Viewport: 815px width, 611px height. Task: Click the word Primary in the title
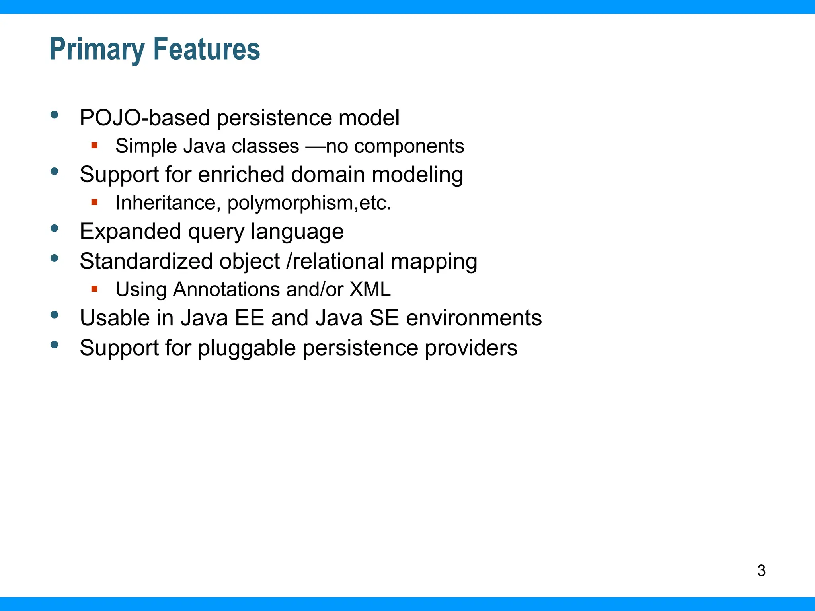pyautogui.click(x=97, y=50)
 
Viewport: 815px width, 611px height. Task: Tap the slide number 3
pyautogui.click(x=761, y=570)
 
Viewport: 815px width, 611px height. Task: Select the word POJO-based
pyautogui.click(x=145, y=118)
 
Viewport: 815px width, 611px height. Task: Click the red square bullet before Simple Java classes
pyautogui.click(x=94, y=145)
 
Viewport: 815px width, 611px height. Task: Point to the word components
pyautogui.click(x=409, y=146)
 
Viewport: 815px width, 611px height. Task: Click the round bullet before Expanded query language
pyautogui.click(x=55, y=228)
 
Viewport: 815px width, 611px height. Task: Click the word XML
pyautogui.click(x=370, y=289)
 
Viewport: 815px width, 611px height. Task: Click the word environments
pyautogui.click(x=474, y=318)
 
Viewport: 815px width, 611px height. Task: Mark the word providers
pyautogui.click(x=471, y=348)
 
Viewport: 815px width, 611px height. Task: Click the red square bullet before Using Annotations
pyautogui.click(x=94, y=289)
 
